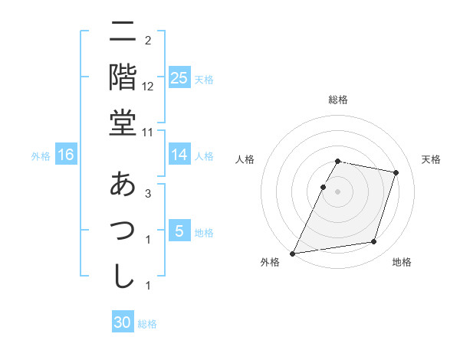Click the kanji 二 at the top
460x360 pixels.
click(123, 32)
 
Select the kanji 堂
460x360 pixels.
click(123, 123)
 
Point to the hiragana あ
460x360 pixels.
click(123, 185)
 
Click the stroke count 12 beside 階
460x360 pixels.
click(149, 87)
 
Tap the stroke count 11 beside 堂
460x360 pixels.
click(149, 133)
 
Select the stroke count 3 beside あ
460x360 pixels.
click(147, 195)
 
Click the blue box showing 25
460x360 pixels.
click(179, 78)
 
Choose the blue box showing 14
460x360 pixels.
click(179, 155)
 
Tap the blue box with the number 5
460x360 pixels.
click(179, 231)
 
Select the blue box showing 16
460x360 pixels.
click(66, 155)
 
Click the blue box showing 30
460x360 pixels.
click(123, 322)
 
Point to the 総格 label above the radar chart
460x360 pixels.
click(338, 100)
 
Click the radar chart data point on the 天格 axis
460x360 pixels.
click(396, 173)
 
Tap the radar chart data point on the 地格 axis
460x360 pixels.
click(373, 242)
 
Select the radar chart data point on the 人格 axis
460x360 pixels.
click(323, 187)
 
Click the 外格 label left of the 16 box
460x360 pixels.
click(41, 156)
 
